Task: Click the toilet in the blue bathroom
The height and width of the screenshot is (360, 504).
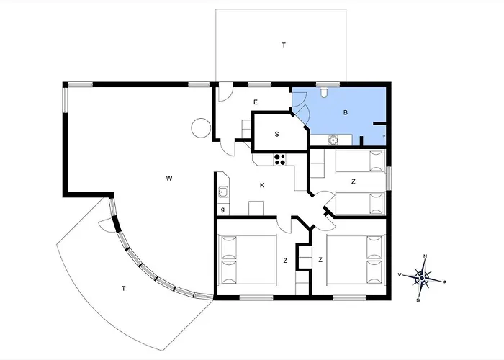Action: pyautogui.click(x=324, y=92)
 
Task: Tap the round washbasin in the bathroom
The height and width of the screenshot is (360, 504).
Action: pyautogui.click(x=333, y=140)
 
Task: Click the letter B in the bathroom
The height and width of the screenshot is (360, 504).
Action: pyautogui.click(x=346, y=112)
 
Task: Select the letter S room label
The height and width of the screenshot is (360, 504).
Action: pyautogui.click(x=276, y=135)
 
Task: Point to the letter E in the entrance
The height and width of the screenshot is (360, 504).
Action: pyautogui.click(x=256, y=102)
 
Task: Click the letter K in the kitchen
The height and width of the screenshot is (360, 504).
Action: pyautogui.click(x=262, y=186)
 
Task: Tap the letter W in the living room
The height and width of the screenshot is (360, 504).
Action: pyautogui.click(x=169, y=179)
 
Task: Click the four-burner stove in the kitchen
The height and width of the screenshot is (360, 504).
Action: pyautogui.click(x=279, y=159)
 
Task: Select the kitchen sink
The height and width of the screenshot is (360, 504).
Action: pyautogui.click(x=223, y=192)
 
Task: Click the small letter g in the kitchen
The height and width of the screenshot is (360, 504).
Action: pyautogui.click(x=222, y=210)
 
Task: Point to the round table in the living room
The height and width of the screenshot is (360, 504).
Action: pyautogui.click(x=201, y=128)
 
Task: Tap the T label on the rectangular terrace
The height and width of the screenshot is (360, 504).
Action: pyautogui.click(x=284, y=45)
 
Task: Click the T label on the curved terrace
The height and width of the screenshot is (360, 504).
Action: pyautogui.click(x=123, y=289)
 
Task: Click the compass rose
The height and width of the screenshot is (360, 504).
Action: pyautogui.click(x=422, y=278)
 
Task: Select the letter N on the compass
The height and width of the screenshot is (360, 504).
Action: pyautogui.click(x=426, y=256)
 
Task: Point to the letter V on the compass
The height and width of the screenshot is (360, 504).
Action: pyautogui.click(x=400, y=274)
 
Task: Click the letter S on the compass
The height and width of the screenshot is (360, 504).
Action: pyautogui.click(x=418, y=300)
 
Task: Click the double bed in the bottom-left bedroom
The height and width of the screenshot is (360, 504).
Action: pyautogui.click(x=248, y=260)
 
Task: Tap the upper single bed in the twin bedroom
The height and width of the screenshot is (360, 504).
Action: pyautogui.click(x=361, y=161)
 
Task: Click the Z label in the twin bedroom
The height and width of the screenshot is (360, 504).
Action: pyautogui.click(x=354, y=181)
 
